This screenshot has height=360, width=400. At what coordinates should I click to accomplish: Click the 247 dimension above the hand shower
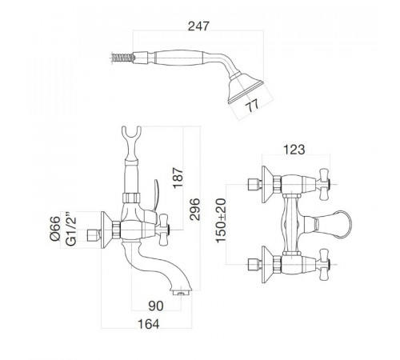[198, 26]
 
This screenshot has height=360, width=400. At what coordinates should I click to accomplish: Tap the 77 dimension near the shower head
[252, 105]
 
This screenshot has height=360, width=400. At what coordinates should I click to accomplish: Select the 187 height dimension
[178, 178]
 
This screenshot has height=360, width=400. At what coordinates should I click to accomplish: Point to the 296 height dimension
[194, 209]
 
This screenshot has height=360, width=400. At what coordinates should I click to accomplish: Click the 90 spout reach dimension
[156, 306]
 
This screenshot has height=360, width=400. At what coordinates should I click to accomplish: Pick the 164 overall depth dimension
[148, 324]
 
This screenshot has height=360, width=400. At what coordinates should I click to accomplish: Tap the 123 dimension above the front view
[294, 150]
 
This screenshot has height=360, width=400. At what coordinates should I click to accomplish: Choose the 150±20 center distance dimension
[221, 220]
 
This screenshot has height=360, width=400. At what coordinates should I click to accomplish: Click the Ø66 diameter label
[55, 229]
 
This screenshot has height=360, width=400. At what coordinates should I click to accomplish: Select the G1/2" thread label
[71, 229]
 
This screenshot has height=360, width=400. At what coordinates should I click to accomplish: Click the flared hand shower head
[246, 87]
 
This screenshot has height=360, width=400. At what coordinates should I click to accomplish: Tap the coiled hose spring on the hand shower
[123, 58]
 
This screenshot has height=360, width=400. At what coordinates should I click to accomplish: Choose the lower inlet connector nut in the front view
[254, 264]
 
